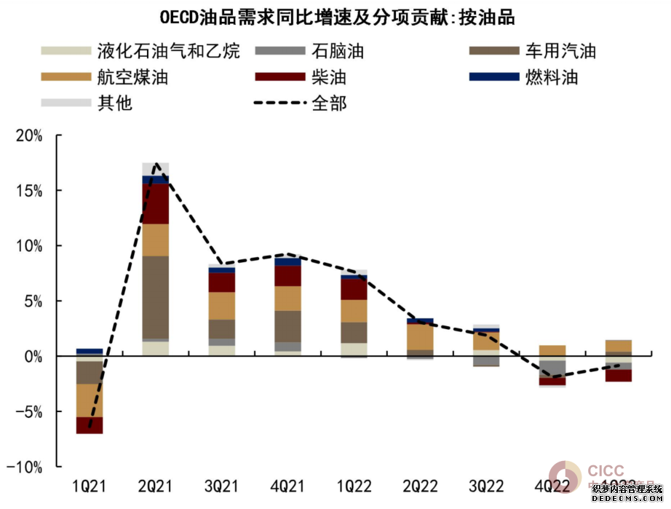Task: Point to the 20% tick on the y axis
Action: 28,136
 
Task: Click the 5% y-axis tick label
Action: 33,301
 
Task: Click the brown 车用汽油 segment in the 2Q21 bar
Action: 156,297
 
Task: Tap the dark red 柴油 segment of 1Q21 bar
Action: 90,425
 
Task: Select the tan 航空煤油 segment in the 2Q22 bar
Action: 420,336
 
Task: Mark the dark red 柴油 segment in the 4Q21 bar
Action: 287,276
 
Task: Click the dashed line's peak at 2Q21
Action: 156,164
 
